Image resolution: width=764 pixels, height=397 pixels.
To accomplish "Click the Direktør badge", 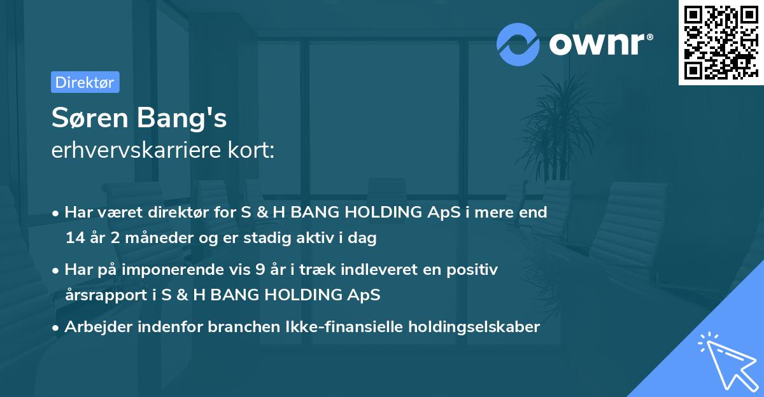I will (85, 82).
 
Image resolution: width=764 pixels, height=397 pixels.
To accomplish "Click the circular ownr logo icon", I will (518, 44).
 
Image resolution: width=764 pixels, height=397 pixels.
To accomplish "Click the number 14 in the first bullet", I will (75, 238).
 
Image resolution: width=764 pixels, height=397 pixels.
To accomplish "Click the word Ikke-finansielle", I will (341, 327).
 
